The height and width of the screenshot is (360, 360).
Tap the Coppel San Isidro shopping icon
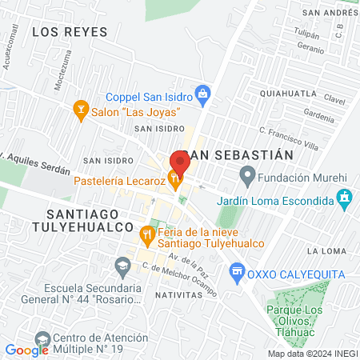coord(203,94)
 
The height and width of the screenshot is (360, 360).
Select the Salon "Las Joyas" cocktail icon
coord(79,107)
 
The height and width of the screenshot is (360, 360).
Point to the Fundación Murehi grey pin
coord(247,174)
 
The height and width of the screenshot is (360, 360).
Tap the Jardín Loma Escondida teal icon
coord(344,197)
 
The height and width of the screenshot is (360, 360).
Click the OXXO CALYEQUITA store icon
coord(236,273)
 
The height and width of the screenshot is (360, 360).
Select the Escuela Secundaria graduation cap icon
coord(122,265)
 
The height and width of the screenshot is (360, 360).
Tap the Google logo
coord(26,350)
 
